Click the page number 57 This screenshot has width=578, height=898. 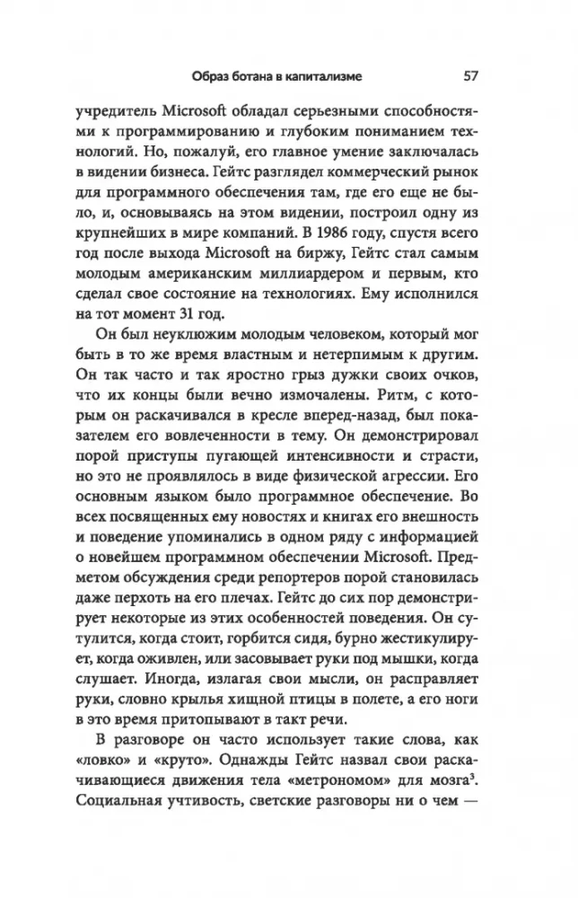coord(469,75)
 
